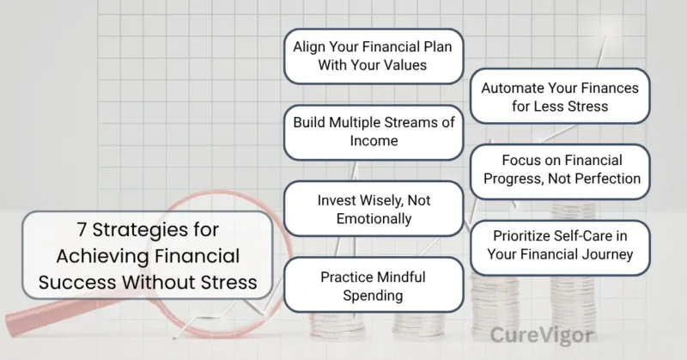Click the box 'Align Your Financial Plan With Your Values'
[373, 56]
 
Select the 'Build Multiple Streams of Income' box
[373, 131]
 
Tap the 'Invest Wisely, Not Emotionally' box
[373, 209]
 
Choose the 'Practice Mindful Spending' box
[373, 286]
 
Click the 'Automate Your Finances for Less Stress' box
[560, 97]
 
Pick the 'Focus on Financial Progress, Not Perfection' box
[560, 169]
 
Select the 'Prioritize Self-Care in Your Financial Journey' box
[560, 245]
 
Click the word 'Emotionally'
[373, 219]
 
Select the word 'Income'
[373, 142]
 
